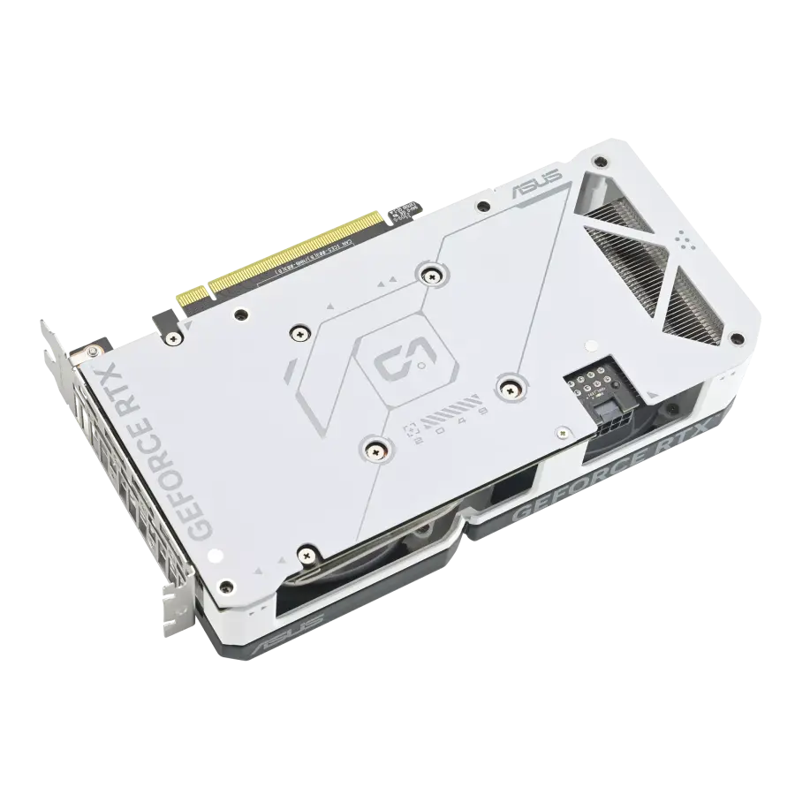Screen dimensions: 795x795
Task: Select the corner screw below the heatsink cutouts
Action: point(732,337)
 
